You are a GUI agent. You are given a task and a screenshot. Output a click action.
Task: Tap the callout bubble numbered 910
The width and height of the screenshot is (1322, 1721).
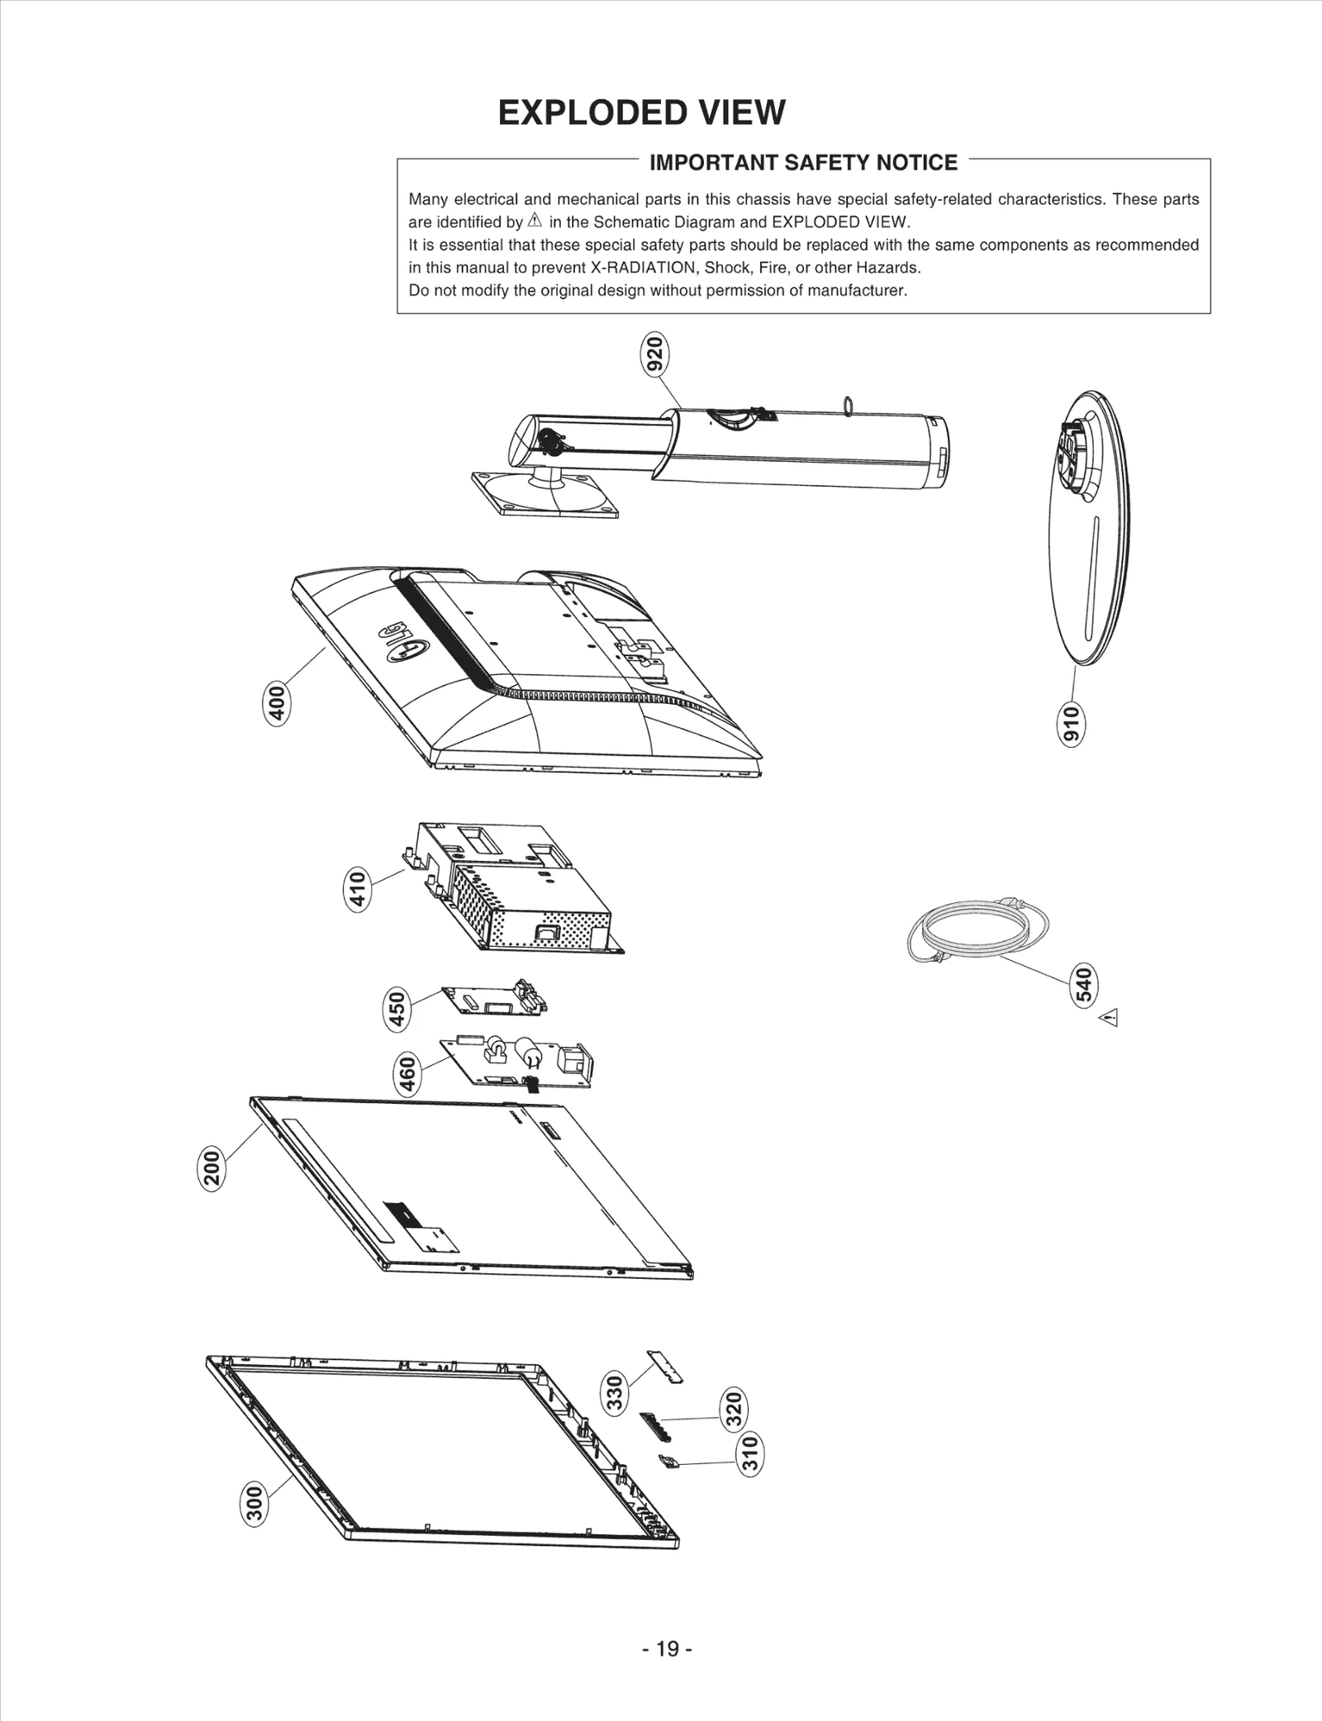1071,725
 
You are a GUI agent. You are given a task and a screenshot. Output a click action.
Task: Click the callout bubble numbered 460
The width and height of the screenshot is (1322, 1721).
407,1074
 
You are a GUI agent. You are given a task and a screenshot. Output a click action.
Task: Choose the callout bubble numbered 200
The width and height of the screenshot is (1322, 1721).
212,1168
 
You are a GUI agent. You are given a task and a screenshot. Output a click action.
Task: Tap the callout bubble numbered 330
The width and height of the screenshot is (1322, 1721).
615,1393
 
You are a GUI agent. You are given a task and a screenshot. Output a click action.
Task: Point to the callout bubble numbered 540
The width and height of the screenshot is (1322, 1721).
1083,984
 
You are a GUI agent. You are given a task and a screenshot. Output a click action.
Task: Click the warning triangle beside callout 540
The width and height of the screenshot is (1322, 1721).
1109,1018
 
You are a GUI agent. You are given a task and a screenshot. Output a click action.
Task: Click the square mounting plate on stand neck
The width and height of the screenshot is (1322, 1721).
545,493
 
